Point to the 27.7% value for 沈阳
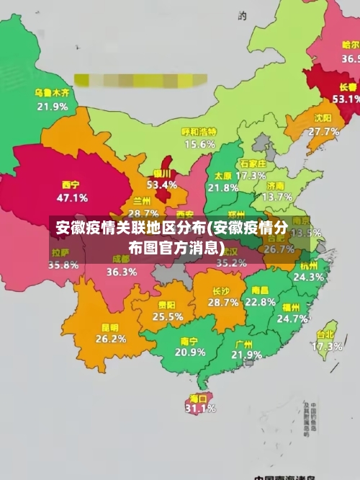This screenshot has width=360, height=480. (323, 131)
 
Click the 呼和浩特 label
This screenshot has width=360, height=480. (199, 132)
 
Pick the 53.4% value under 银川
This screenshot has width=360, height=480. (161, 185)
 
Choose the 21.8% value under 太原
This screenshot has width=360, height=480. (222, 187)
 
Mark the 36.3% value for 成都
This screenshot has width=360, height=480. (122, 272)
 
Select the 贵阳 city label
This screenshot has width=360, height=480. (167, 305)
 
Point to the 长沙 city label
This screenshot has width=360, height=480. (221, 291)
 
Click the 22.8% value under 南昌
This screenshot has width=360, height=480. (260, 302)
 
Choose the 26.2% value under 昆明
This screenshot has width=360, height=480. (111, 338)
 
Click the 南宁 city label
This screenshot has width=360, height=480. (189, 340)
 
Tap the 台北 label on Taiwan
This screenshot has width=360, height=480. (325, 334)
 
